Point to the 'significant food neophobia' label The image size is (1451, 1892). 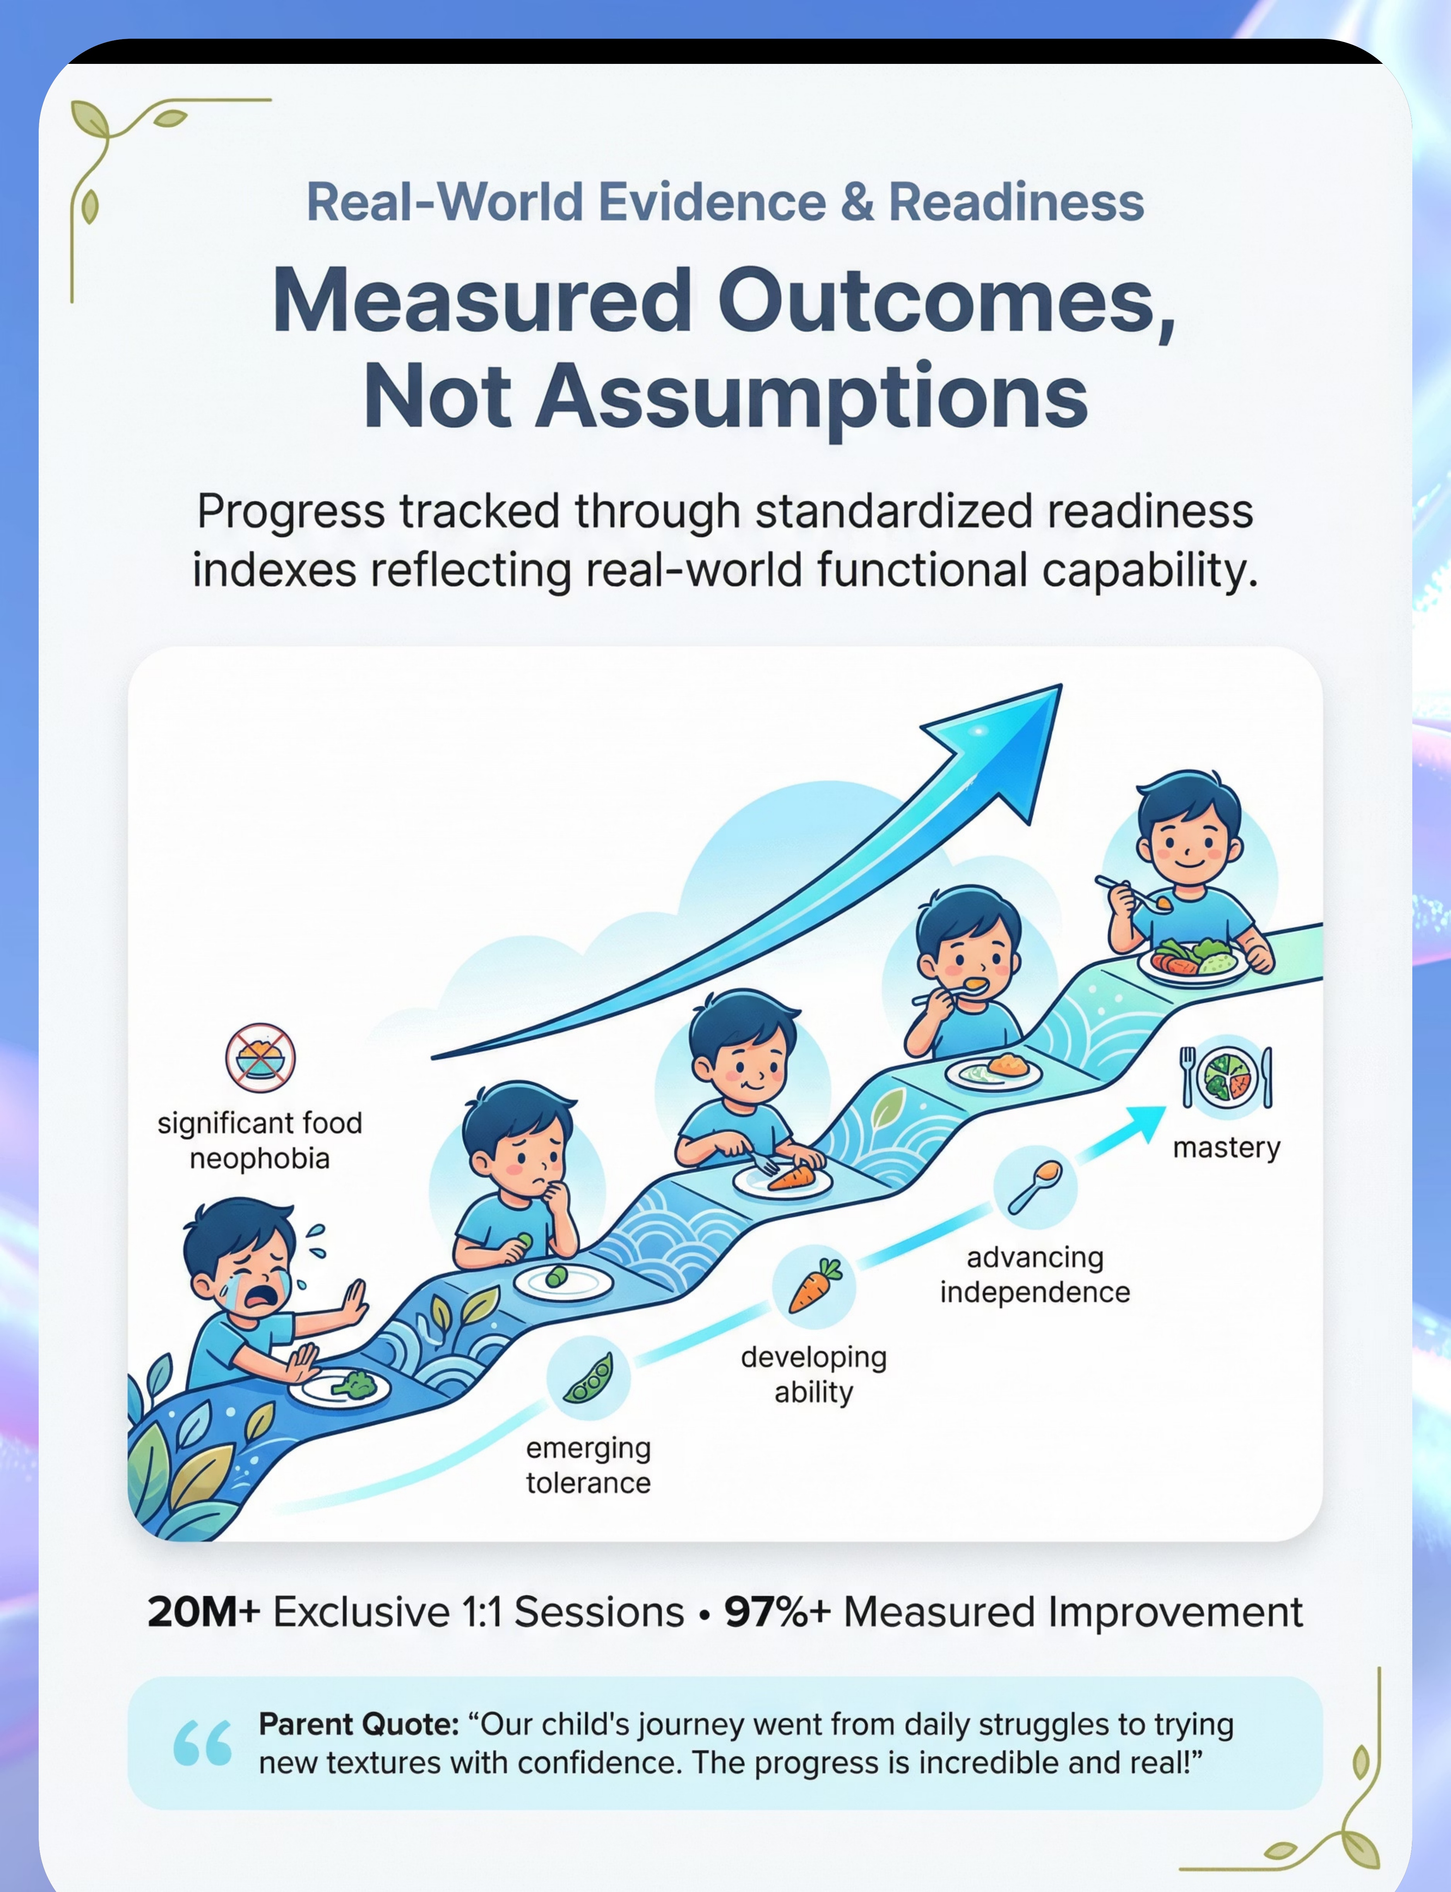click(260, 1141)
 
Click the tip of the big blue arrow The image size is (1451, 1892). click(1061, 685)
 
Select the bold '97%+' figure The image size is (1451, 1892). click(777, 1612)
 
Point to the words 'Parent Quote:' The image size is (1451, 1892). click(358, 1724)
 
